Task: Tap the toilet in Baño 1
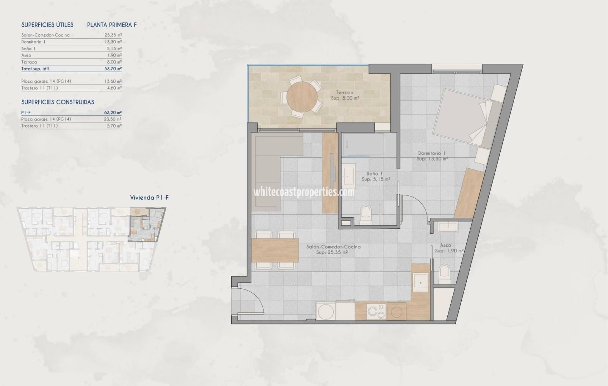pos(366,214)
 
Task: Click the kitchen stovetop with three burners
pos(376,311)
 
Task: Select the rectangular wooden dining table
pos(275,250)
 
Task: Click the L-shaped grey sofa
pos(272,168)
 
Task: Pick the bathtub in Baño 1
pos(363,145)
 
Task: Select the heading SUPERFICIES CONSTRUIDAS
pos(58,102)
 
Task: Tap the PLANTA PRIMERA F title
pos(112,25)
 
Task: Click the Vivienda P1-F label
pos(149,198)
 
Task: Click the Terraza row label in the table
pos(29,62)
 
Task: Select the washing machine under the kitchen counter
pos(326,311)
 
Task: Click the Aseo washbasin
pos(447,227)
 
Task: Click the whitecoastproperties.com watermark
pos(304,192)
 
